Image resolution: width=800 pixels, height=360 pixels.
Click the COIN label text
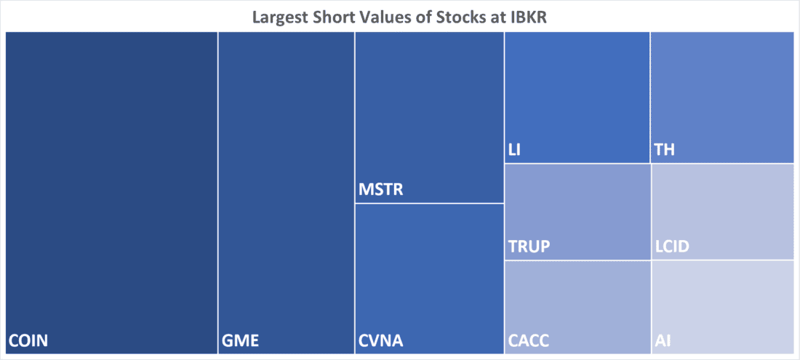(28, 340)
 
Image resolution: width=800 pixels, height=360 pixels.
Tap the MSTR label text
(381, 191)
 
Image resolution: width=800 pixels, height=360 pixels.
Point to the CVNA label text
(381, 340)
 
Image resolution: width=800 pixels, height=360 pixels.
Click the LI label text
(513, 151)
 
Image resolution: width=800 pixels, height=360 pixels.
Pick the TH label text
(663, 151)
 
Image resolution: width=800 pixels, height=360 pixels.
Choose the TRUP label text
(529, 247)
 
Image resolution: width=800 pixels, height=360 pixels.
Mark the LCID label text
(672, 247)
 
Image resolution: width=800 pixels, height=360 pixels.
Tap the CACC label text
(529, 340)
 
